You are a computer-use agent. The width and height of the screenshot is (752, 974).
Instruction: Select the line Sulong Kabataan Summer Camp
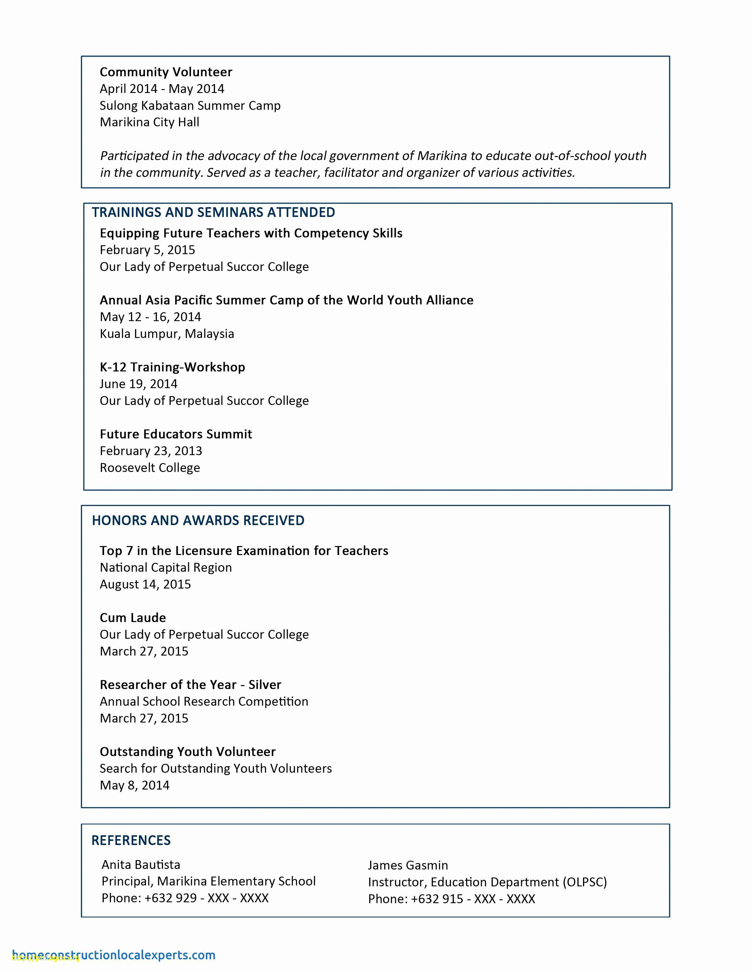coord(190,106)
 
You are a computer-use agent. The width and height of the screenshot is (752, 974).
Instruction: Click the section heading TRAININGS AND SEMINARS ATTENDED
coord(214,212)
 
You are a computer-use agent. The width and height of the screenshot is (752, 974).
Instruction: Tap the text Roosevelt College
coord(150,468)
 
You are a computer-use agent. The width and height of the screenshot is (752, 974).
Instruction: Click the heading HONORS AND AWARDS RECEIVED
coord(198,520)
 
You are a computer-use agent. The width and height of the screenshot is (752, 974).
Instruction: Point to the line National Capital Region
coord(166,567)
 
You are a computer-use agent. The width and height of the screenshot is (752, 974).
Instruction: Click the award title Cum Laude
coord(133,618)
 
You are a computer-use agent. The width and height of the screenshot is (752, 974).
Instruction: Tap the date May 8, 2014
coord(134,785)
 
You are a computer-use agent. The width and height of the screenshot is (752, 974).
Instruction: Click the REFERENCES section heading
coord(131,840)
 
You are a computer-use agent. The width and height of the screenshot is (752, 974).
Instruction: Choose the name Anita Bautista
coord(141,865)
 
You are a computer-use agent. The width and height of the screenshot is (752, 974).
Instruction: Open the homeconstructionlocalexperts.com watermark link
coord(114,955)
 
